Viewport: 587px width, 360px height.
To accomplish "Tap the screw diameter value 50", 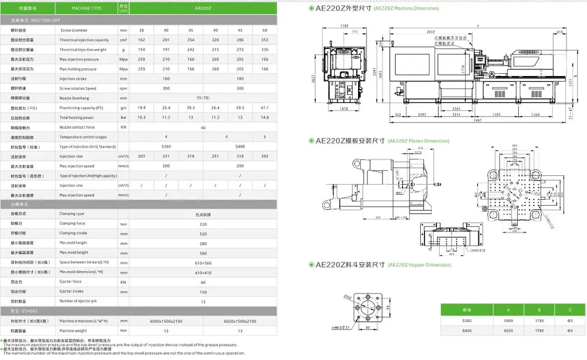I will click(x=264, y=30).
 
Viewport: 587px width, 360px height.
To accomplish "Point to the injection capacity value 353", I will click(x=264, y=40).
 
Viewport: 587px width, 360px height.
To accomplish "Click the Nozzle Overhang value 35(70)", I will click(x=203, y=98).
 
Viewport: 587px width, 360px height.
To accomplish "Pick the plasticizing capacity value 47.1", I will click(x=264, y=108).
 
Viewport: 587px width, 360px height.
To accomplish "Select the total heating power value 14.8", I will click(x=264, y=118).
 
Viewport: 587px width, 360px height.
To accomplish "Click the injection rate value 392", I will click(x=264, y=156).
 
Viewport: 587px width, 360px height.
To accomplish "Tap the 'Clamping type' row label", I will click(x=72, y=214).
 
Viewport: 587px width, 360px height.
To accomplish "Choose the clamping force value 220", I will click(x=203, y=224).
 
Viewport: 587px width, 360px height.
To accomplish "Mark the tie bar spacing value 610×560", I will click(x=203, y=262).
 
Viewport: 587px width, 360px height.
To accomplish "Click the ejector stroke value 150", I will click(x=203, y=291).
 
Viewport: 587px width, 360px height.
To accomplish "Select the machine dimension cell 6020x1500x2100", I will click(x=239, y=321).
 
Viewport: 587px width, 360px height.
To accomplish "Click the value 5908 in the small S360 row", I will click(x=508, y=321).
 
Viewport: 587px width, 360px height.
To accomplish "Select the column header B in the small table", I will click(x=539, y=310).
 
